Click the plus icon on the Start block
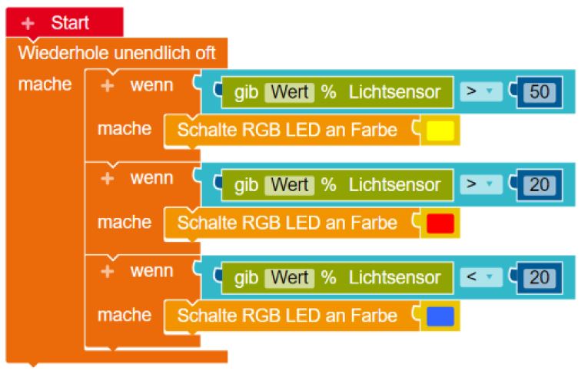[28, 23]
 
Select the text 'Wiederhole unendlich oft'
[117, 54]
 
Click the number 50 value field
[540, 92]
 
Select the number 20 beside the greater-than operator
[540, 185]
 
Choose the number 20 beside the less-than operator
[540, 277]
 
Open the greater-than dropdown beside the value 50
[480, 92]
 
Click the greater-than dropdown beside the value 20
[480, 185]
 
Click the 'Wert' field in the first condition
[289, 92]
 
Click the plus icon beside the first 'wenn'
[108, 85]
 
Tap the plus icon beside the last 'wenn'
[108, 271]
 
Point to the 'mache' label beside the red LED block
[124, 223]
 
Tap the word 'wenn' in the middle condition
[151, 178]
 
